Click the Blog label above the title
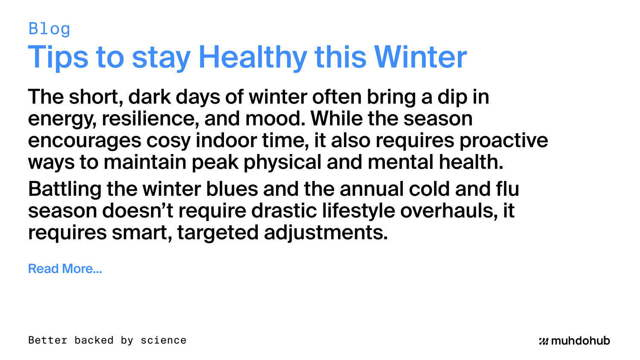[49, 29]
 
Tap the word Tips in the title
[58, 57]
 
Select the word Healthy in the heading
[253, 57]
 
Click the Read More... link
[65, 269]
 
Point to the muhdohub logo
[574, 341]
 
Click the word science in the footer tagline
[163, 340]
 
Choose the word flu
[507, 189]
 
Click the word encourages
[84, 141]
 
